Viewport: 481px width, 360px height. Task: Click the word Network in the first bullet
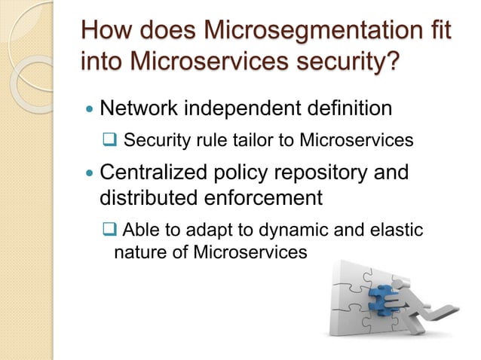[143, 108]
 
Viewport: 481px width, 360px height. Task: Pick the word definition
[351, 108]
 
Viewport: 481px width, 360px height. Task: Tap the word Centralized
[155, 172]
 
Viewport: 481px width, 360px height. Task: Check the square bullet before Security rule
[109, 141]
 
